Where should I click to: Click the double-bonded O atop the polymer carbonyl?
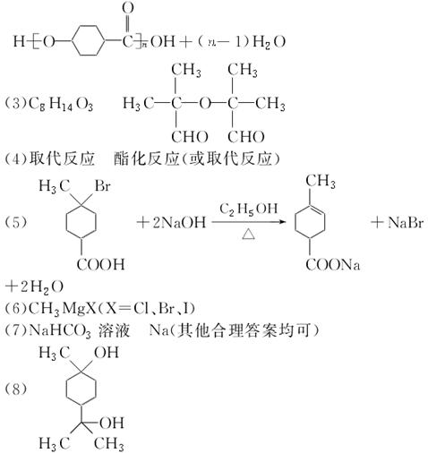[128, 8]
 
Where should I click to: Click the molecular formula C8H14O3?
[61, 104]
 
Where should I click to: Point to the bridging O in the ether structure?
[205, 104]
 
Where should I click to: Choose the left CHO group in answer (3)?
[189, 137]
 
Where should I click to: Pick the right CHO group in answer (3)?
[246, 137]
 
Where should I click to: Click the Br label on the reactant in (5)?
[103, 186]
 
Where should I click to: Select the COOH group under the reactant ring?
[100, 264]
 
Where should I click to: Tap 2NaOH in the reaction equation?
[179, 222]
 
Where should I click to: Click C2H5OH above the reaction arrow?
[249, 209]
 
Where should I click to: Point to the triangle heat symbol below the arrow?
[248, 235]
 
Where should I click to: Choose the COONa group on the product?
[333, 264]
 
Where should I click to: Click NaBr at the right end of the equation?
[406, 222]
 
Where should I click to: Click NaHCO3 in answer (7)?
[60, 330]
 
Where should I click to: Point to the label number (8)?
[15, 389]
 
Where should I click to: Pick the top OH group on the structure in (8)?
[107, 353]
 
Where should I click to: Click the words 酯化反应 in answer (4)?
[146, 158]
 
